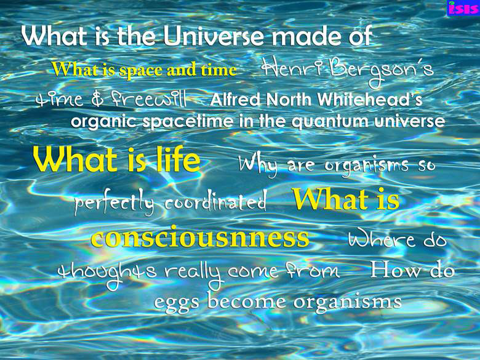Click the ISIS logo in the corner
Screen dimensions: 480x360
coord(463,7)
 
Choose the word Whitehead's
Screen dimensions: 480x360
coord(370,100)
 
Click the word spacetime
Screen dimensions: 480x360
coord(188,121)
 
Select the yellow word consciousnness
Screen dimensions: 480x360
coord(200,238)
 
